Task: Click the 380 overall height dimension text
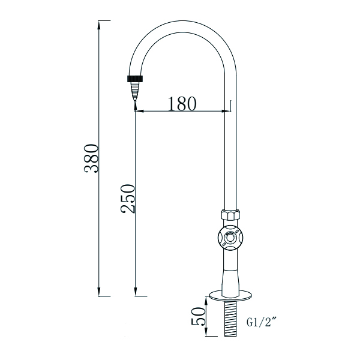91,158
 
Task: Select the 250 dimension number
128,200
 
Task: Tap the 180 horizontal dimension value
181,103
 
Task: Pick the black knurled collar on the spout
136,78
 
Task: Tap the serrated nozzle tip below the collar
136,91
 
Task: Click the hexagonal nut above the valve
230,215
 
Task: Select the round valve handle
230,238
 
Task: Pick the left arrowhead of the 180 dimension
139,111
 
